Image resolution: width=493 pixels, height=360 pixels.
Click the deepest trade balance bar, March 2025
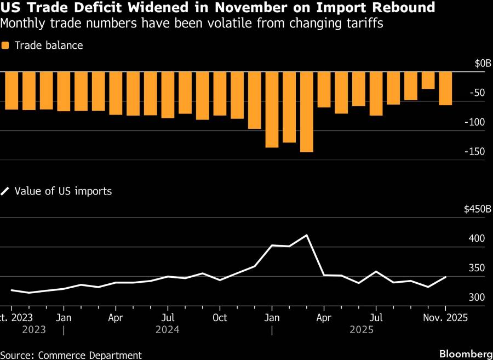pyautogui.click(x=307, y=112)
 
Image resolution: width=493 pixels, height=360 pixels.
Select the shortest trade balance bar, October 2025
pyautogui.click(x=428, y=81)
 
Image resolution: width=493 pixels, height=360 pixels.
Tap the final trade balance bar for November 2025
pyautogui.click(x=445, y=88)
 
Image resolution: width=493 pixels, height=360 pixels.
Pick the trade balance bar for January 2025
pyautogui.click(x=272, y=110)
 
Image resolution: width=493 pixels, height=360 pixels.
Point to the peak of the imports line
pyautogui.click(x=307, y=235)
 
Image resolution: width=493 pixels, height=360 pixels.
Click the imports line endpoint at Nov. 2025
pyautogui.click(x=445, y=277)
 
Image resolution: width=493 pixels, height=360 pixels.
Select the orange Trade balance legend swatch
pyautogui.click(x=5, y=45)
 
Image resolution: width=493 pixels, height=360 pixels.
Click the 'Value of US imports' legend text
pyautogui.click(x=63, y=191)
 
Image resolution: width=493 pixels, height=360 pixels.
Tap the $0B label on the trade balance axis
pyautogui.click(x=479, y=64)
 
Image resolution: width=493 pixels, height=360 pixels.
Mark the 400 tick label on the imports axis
pyautogui.click(x=477, y=239)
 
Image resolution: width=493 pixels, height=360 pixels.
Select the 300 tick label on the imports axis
pyautogui.click(x=477, y=298)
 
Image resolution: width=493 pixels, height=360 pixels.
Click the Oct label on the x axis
pyautogui.click(x=220, y=317)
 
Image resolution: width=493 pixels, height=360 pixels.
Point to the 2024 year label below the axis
pyautogui.click(x=168, y=330)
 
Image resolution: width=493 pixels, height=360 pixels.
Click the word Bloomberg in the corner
pyautogui.click(x=466, y=353)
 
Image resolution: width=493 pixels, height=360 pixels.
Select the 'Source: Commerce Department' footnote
pyautogui.click(x=71, y=355)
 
